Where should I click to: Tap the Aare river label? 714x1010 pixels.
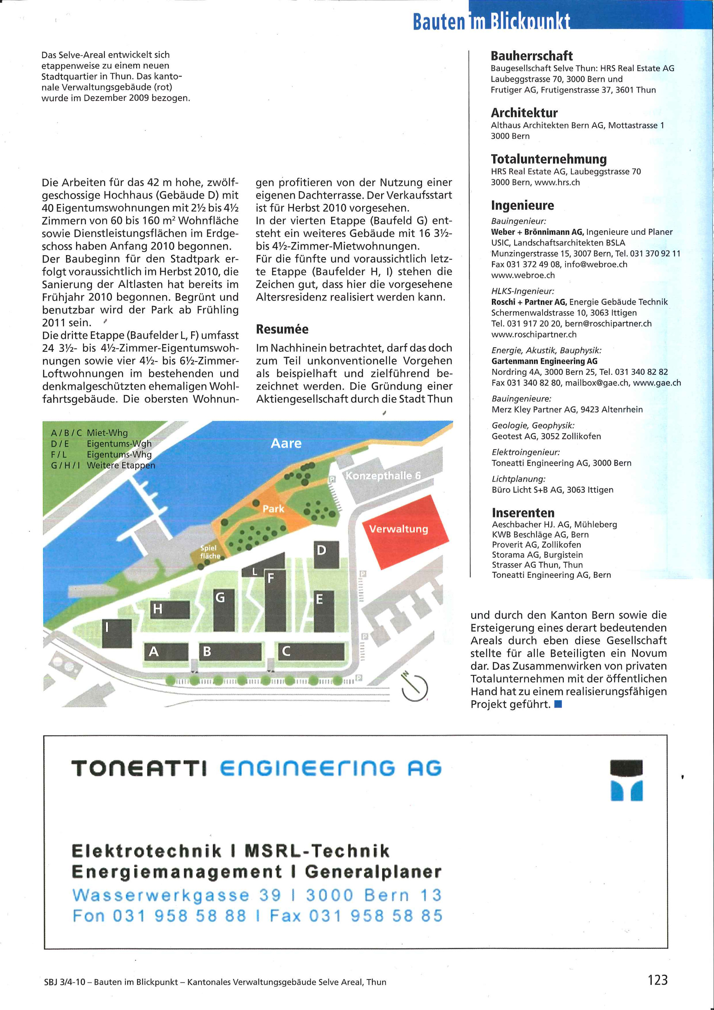286,443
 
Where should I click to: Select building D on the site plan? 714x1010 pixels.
327,554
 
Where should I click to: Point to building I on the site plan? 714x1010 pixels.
116,633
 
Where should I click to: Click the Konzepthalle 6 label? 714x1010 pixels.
383,476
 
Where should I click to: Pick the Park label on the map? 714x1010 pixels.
273,509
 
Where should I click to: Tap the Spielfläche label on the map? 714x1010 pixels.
209,551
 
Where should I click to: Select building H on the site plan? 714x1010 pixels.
170,609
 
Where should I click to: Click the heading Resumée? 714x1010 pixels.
282,329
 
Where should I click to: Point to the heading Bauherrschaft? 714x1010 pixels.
531,56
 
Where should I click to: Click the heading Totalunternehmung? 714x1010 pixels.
549,159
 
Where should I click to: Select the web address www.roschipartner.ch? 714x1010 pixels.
534,334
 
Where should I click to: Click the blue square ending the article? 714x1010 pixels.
558,704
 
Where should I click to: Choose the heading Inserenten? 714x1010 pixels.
523,513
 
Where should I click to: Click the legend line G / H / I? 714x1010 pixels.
103,466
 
